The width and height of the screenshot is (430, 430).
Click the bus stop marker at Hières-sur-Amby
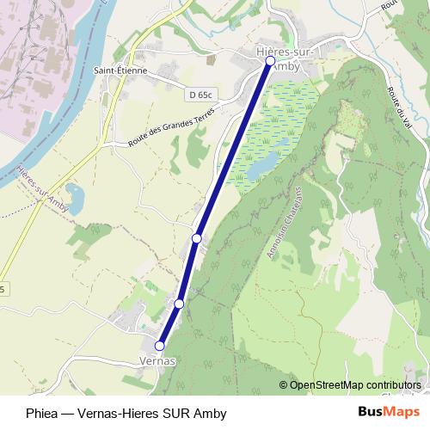(270, 61)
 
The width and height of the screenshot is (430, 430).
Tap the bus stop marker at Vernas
(159, 346)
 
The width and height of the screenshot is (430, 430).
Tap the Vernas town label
(157, 361)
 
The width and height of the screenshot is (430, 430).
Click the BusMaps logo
(389, 413)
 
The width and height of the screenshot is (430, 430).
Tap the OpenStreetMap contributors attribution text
(355, 384)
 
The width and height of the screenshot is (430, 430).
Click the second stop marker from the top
(197, 237)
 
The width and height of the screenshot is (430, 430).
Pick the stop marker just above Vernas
(179, 304)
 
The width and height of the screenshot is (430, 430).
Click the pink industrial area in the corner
(34, 52)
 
